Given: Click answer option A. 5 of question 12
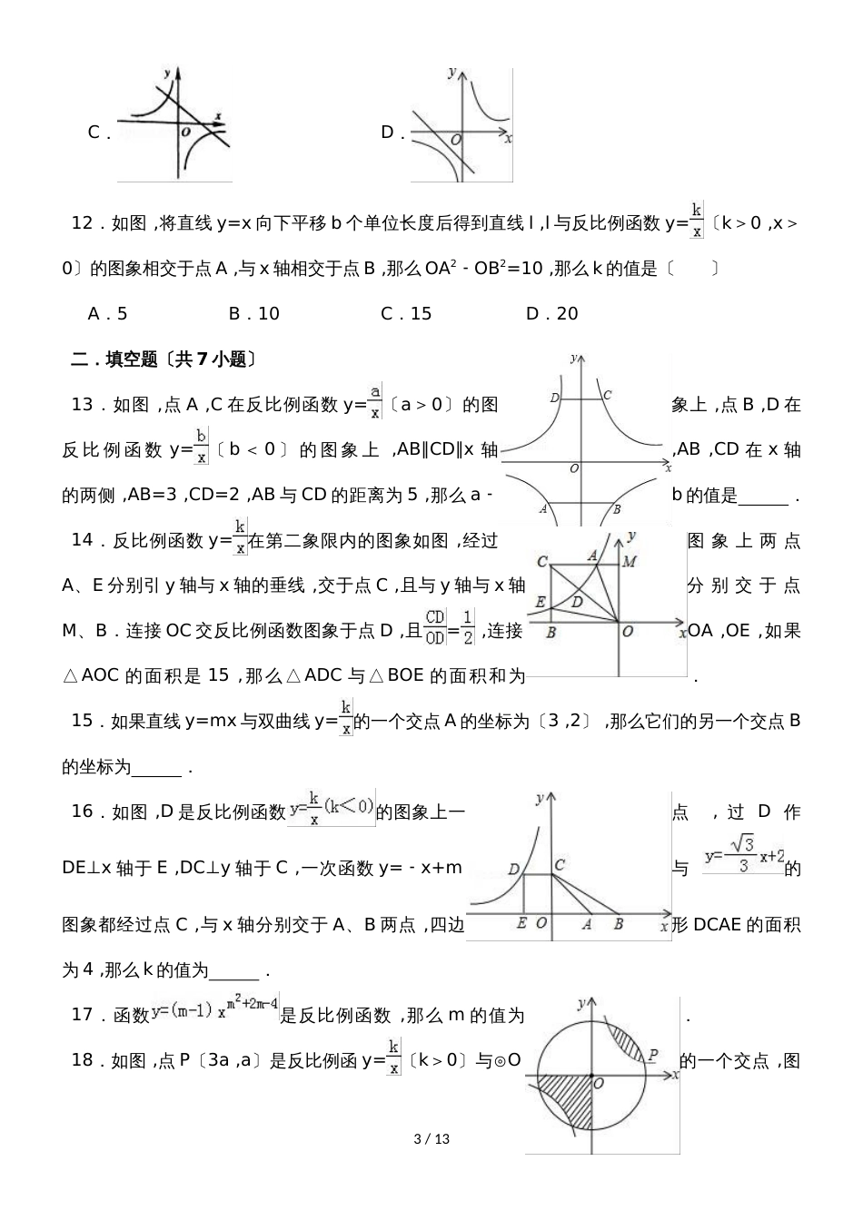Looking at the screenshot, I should (x=107, y=314).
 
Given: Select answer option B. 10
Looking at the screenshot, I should (x=253, y=314).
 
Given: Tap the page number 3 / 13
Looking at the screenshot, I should (x=431, y=1139).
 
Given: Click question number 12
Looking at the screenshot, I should (x=83, y=223).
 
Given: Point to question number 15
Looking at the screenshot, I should (x=83, y=721).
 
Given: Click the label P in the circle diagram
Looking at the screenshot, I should (x=652, y=1055).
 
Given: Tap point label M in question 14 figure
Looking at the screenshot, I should (x=629, y=562).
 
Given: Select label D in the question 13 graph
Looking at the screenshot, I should (x=554, y=398).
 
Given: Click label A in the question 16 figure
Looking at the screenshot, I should (x=586, y=924).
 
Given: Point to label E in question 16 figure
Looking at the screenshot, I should (x=521, y=924).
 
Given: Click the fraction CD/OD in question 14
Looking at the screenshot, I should (x=435, y=628).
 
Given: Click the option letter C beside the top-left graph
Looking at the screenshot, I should (x=94, y=133).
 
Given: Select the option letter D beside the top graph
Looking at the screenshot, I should (x=388, y=133).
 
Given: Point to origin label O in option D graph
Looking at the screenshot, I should (x=455, y=140).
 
